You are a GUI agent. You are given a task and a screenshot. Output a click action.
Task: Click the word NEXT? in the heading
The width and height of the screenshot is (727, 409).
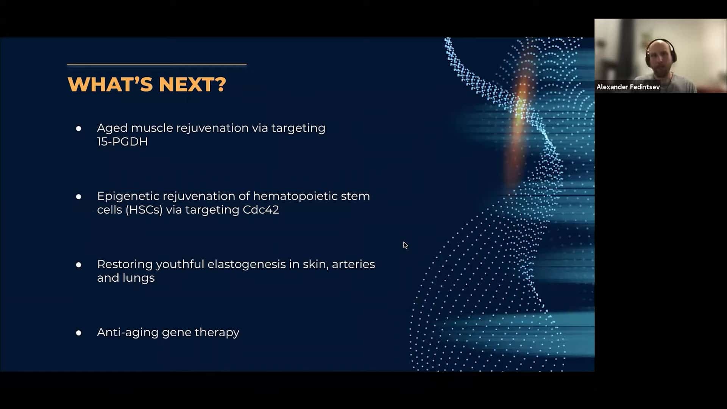[x=192, y=84]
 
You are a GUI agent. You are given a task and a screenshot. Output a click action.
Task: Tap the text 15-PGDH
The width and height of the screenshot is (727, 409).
[x=122, y=142]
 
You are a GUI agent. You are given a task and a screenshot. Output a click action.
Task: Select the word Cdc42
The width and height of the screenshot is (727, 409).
[x=261, y=210]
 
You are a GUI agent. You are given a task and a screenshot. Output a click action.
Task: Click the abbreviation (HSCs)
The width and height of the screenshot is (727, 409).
[x=144, y=210]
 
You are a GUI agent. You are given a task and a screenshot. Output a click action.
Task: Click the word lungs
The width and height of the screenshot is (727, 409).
[x=139, y=278]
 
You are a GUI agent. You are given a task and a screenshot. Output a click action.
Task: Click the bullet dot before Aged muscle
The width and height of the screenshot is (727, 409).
[x=78, y=129]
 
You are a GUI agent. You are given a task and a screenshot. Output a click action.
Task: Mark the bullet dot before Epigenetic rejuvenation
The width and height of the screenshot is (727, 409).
[x=78, y=197]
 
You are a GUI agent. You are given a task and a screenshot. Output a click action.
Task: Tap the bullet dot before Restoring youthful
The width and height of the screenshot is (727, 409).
[x=78, y=265]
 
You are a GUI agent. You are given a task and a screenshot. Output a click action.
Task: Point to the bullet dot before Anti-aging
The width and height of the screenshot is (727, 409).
[x=78, y=333]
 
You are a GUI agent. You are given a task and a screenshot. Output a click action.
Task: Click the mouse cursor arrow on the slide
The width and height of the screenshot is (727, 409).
[x=405, y=245]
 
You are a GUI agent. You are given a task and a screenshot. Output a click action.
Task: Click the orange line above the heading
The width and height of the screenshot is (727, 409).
[x=157, y=64]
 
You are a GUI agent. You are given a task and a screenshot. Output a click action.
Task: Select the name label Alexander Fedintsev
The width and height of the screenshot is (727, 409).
[x=628, y=87]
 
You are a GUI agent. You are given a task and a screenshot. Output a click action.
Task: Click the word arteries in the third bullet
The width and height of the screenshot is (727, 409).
[x=353, y=264]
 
